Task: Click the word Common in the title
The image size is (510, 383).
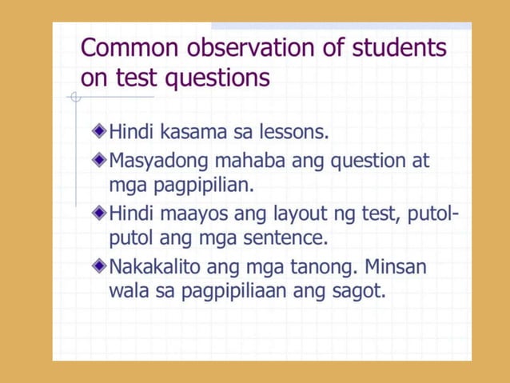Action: click(x=130, y=48)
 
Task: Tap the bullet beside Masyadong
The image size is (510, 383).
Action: click(x=98, y=160)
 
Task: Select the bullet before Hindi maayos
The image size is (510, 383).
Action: click(x=98, y=213)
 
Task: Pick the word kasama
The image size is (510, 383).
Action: click(x=194, y=131)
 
